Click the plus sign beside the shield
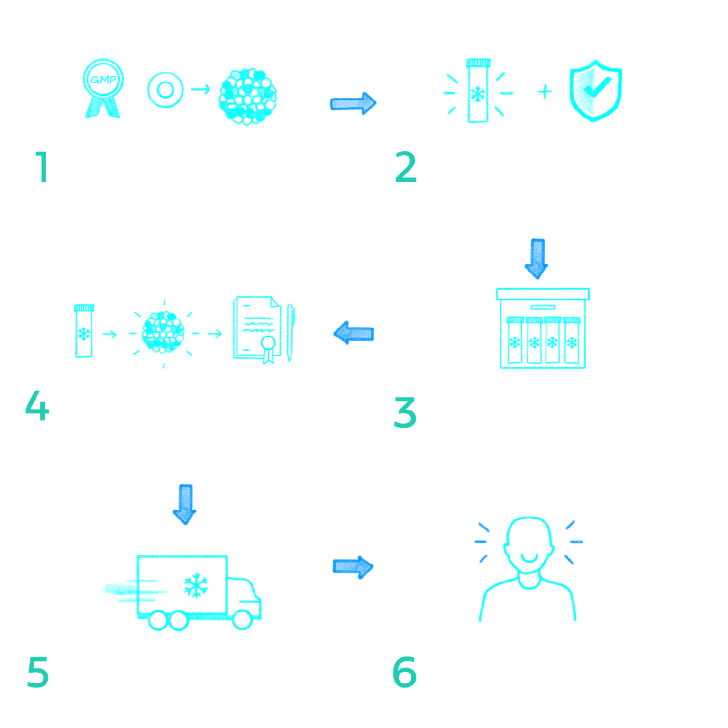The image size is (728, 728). tap(545, 91)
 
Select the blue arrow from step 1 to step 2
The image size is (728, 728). tap(353, 103)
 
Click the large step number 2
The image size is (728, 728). tap(406, 167)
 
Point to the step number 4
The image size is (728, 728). tap(37, 406)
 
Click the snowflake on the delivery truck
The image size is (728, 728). tap(196, 585)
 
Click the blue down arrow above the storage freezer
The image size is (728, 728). tap(537, 259)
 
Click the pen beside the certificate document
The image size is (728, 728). tap(290, 332)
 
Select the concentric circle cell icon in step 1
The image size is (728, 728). tap(165, 90)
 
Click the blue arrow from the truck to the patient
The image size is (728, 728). tap(354, 567)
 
